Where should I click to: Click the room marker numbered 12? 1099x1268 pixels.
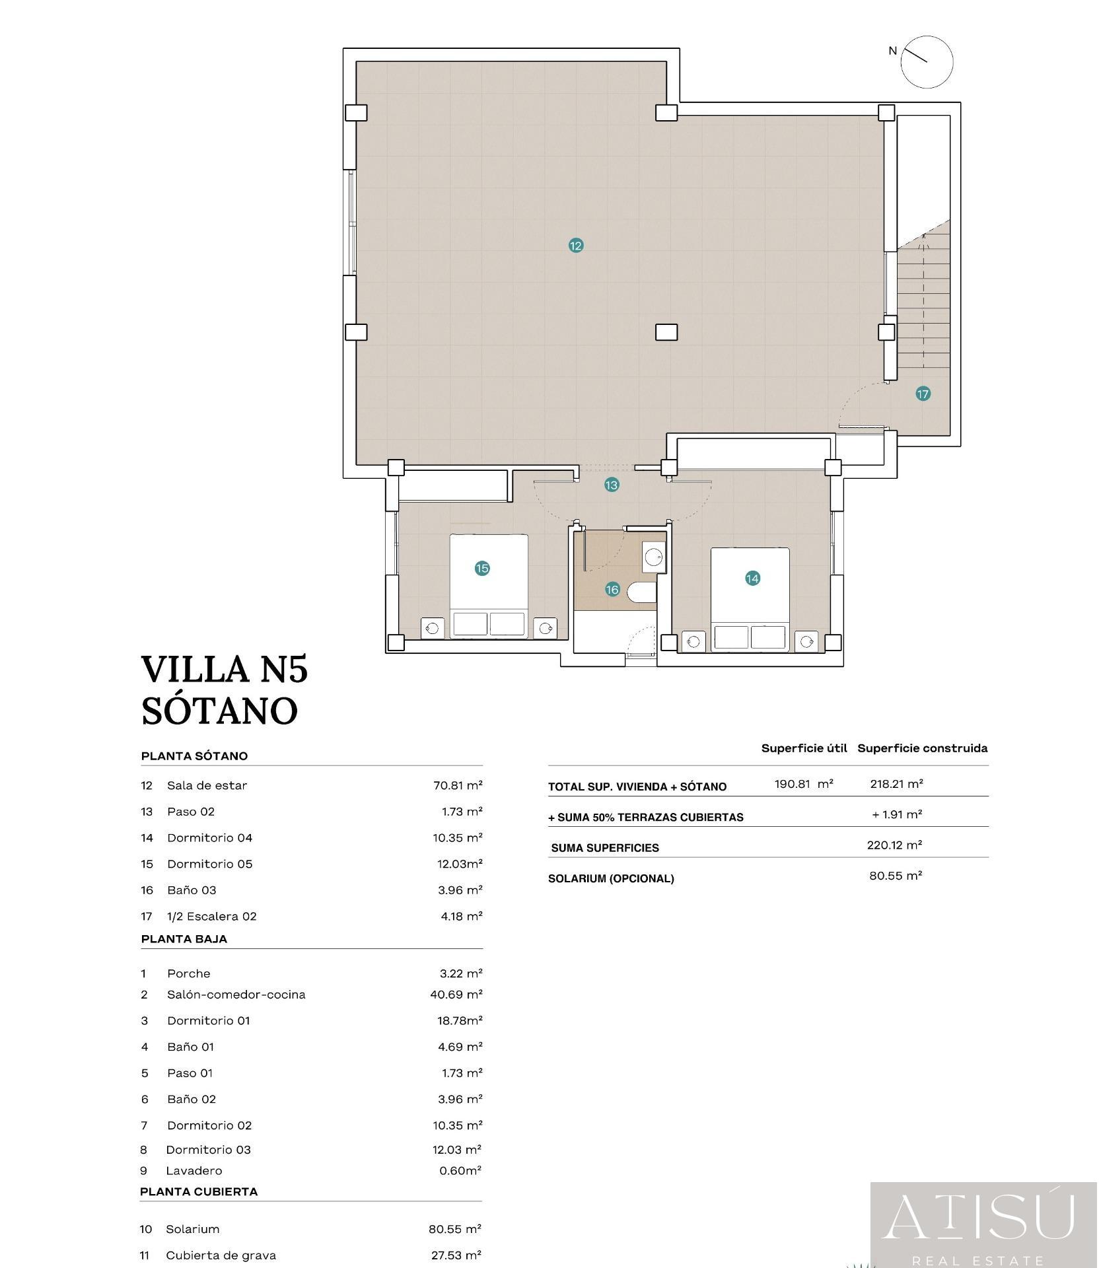click(x=576, y=246)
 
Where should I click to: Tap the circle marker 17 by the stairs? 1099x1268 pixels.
click(x=923, y=394)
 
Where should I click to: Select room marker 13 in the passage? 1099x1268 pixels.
click(x=612, y=485)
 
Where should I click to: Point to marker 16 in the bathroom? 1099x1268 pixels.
click(x=612, y=590)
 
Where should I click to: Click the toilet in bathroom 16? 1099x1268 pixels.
click(x=641, y=592)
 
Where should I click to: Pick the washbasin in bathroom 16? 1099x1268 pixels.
click(x=654, y=557)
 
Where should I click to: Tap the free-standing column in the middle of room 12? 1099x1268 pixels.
click(x=666, y=332)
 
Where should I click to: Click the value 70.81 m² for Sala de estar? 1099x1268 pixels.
click(x=458, y=785)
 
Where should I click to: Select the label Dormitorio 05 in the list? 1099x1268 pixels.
click(x=209, y=864)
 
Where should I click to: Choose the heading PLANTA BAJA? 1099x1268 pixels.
click(x=184, y=939)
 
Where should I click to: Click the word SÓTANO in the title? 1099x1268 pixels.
click(x=220, y=711)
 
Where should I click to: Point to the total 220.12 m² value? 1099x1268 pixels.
click(x=895, y=845)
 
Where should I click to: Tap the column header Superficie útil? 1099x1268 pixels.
click(x=804, y=748)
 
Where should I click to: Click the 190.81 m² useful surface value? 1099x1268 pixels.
click(x=804, y=784)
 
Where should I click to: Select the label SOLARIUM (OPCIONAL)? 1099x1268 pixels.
click(x=611, y=879)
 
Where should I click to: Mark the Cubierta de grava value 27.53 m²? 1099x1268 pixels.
click(x=456, y=1255)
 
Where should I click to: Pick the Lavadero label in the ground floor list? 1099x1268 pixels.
click(x=194, y=1171)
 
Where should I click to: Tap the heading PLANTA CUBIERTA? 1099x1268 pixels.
click(x=199, y=1192)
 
